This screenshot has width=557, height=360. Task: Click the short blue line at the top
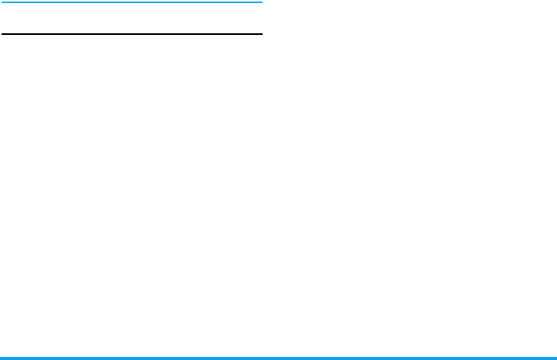pos(131,2)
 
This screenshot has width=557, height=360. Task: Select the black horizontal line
pos(131,34)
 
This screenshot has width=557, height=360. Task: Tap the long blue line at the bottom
pos(278,358)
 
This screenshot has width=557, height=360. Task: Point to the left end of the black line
pos(2,34)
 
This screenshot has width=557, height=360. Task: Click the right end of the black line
pos(260,34)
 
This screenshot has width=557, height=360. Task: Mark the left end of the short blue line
pos(2,2)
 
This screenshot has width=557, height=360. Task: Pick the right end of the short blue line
pos(260,2)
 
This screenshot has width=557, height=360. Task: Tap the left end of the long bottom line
pos(2,358)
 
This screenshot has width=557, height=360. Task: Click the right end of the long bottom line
pos(555,358)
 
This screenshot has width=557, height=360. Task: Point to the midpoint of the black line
pos(131,34)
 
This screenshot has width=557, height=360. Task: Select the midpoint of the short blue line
pos(131,2)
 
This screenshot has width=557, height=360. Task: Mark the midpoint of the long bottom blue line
pos(278,358)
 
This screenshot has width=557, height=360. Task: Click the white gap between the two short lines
pos(131,18)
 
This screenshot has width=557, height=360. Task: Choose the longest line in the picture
pos(278,358)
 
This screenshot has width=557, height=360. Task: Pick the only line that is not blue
pos(131,34)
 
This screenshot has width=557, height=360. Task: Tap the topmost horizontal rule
pos(131,2)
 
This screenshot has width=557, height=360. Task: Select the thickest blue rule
pos(278,358)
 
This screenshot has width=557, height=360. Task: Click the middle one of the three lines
pos(131,34)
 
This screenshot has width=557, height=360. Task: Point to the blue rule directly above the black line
pos(131,2)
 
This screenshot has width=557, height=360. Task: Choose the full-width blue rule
pos(278,358)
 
